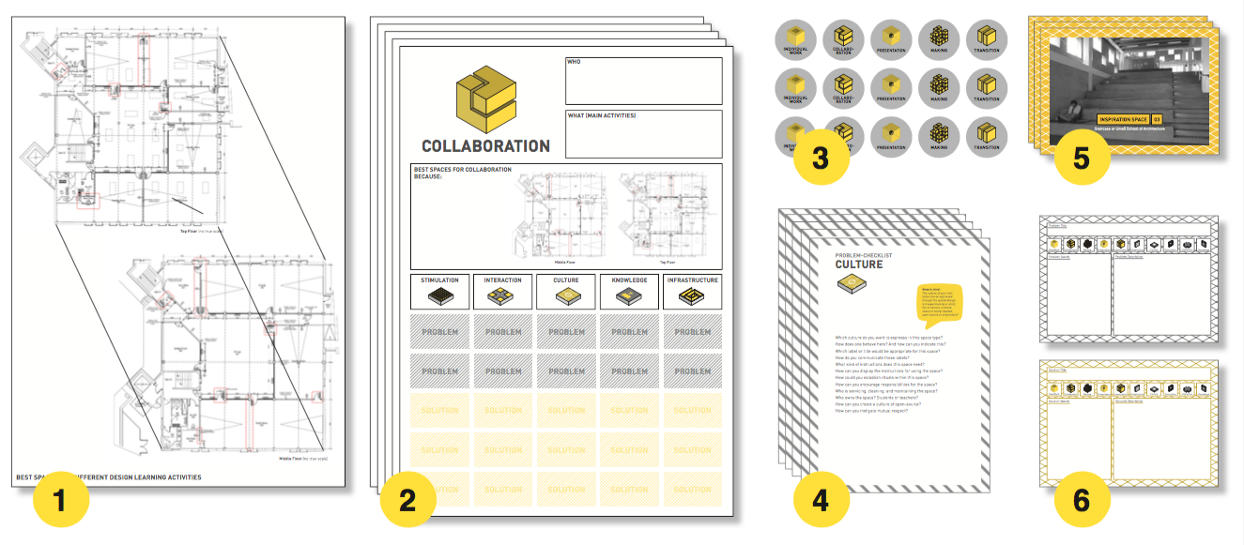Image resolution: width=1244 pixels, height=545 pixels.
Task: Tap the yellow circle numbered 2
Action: tap(407, 501)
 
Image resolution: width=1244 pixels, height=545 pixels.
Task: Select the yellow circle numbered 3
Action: tap(821, 159)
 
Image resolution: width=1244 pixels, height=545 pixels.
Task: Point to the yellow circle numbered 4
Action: tap(821, 501)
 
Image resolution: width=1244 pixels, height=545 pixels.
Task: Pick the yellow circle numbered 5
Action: tap(1082, 159)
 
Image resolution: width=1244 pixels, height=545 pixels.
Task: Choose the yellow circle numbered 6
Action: tap(1082, 501)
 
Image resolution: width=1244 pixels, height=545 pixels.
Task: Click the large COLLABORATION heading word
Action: tap(485, 146)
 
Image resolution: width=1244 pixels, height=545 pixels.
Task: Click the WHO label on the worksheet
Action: tap(574, 63)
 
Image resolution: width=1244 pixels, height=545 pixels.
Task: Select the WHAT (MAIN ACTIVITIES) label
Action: tap(601, 115)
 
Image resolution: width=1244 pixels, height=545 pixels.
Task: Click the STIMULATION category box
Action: tap(439, 291)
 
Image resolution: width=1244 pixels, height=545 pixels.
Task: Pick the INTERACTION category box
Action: tap(502, 291)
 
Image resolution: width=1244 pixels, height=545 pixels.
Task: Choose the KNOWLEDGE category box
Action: tap(629, 291)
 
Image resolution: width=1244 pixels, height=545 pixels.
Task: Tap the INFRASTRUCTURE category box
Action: tap(692, 291)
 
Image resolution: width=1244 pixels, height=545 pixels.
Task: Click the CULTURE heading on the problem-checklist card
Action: tap(859, 265)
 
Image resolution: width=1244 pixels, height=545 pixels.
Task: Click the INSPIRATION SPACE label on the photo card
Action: tap(1123, 119)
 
